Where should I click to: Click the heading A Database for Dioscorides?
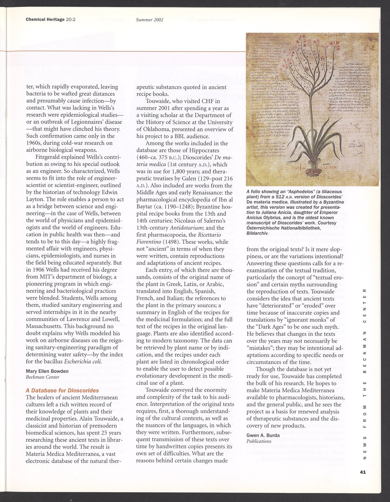(x=62, y=390)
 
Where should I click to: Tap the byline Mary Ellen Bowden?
(x=47, y=371)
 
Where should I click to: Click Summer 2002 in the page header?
(x=149, y=19)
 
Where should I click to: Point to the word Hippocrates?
(x=212, y=150)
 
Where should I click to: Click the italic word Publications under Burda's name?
(x=259, y=441)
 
